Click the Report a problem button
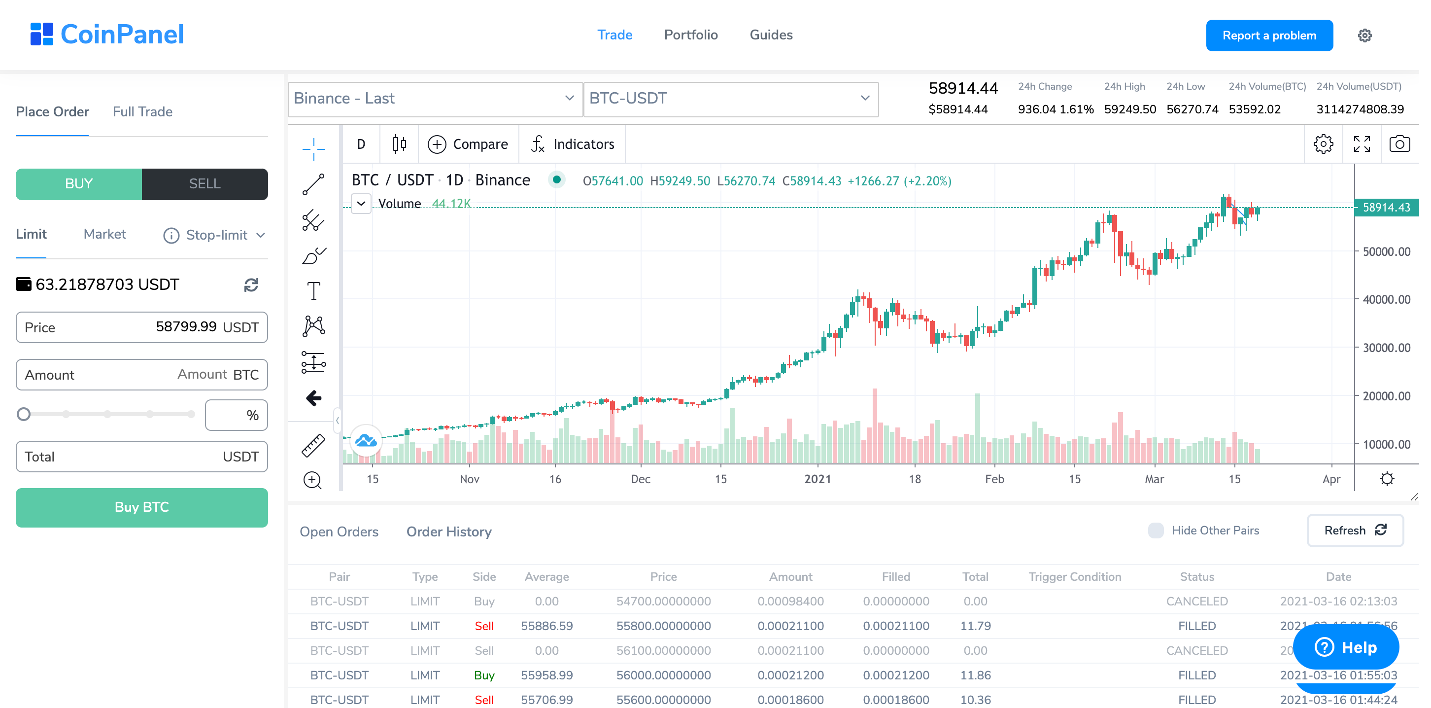coord(1269,35)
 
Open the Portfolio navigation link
coord(690,35)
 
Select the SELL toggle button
coord(204,184)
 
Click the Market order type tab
coord(104,234)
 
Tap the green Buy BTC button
coord(141,507)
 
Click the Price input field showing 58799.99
coord(141,327)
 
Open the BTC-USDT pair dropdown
coord(730,99)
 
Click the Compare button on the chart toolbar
coord(468,144)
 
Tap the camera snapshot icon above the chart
coord(1399,144)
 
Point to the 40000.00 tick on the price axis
coord(1386,300)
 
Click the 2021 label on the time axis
coord(817,479)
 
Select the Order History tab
coord(449,532)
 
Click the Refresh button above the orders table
coord(1354,530)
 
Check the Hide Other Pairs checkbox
coord(1156,530)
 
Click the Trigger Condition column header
coord(1074,577)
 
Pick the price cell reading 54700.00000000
coord(663,602)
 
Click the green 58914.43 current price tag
coord(1386,207)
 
